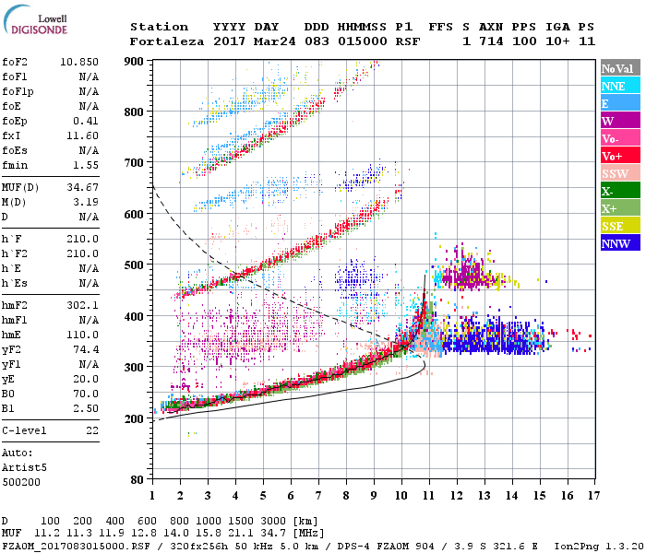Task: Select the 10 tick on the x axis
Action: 401,497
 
